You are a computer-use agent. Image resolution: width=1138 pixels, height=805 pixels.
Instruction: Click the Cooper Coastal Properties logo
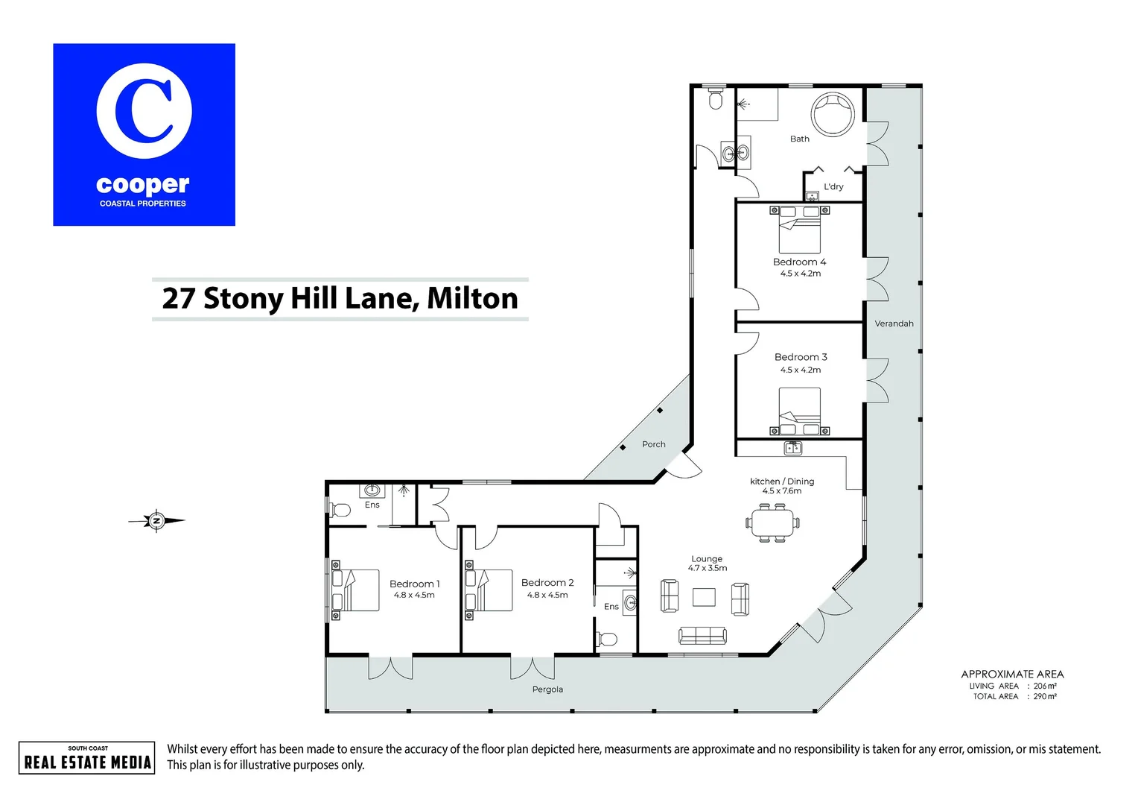point(144,135)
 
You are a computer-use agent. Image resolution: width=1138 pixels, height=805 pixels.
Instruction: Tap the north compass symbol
point(156,520)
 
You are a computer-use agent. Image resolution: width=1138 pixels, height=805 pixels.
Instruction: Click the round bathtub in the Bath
point(833,115)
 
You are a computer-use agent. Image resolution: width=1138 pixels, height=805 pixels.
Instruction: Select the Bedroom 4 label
point(799,262)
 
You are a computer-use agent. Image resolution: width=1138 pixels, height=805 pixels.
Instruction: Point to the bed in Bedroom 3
point(800,410)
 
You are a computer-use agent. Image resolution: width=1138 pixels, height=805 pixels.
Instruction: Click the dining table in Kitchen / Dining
point(773,523)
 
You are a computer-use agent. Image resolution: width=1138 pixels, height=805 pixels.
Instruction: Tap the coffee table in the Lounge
point(704,597)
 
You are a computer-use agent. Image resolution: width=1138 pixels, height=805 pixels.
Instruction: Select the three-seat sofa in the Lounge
point(702,635)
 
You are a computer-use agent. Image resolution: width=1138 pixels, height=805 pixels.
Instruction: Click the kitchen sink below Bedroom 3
point(793,448)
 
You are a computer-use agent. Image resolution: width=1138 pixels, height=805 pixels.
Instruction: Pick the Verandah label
point(894,323)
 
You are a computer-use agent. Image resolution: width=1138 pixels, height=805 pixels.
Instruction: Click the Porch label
point(653,444)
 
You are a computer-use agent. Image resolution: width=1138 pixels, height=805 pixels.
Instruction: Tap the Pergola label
point(547,689)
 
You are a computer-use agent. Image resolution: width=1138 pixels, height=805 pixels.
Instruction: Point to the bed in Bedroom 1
point(356,590)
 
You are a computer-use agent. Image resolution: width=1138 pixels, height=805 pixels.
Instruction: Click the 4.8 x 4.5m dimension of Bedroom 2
point(547,595)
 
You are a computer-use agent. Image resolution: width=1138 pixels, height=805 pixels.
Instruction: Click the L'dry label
point(833,186)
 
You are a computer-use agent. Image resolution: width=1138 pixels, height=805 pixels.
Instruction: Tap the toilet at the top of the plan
point(716,99)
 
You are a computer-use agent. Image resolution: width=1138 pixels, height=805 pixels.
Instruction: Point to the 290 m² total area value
point(1045,696)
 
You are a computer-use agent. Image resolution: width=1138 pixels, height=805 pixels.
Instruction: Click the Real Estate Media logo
point(87,758)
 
